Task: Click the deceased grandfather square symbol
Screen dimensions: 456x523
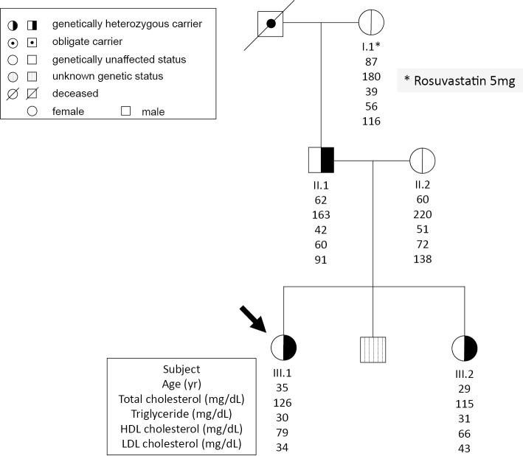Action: (x=271, y=24)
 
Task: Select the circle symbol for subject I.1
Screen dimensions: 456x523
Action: (x=372, y=24)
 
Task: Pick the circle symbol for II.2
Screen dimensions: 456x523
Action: (x=423, y=160)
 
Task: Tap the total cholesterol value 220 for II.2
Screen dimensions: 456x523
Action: (x=423, y=215)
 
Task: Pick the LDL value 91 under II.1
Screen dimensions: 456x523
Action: (x=321, y=259)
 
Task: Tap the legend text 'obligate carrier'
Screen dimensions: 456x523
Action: (x=85, y=42)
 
